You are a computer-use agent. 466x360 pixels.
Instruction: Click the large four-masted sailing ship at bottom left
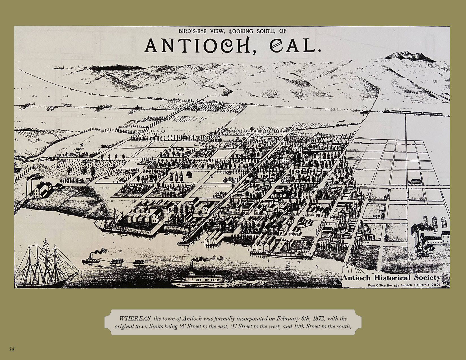(x=47, y=264)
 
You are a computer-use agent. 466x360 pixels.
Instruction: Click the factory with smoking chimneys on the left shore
(x=41, y=189)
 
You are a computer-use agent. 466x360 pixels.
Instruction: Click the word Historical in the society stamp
(x=391, y=278)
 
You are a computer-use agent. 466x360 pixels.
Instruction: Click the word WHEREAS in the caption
(x=135, y=318)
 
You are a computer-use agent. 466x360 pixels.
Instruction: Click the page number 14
(x=12, y=349)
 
